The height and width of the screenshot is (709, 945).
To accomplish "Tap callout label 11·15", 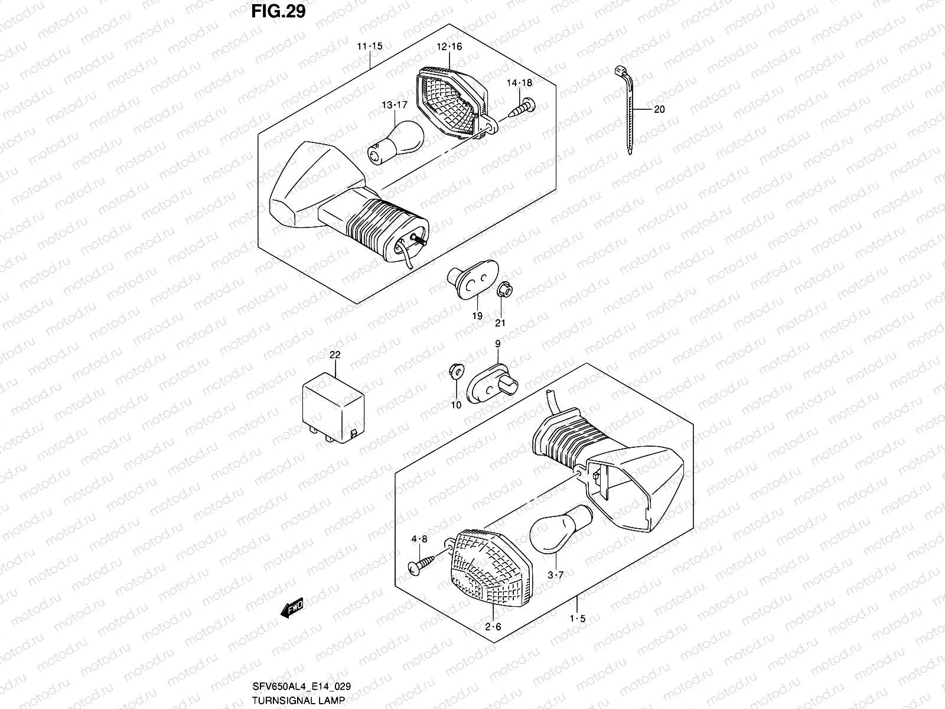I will (x=369, y=46).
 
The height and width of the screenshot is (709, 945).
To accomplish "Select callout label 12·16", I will (x=449, y=47).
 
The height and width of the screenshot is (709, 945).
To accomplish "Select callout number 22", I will (x=335, y=354).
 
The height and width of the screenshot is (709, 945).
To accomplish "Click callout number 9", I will (x=497, y=343).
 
